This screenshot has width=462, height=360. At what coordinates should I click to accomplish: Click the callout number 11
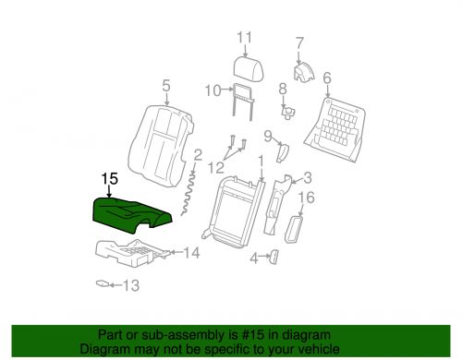[x=243, y=37]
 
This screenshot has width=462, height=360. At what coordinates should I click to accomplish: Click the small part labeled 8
[x=286, y=112]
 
